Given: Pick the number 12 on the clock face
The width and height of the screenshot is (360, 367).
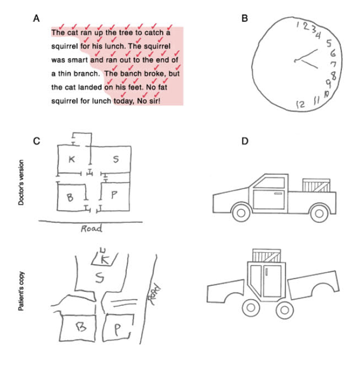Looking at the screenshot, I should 300,104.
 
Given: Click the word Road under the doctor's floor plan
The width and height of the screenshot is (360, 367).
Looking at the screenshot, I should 91,228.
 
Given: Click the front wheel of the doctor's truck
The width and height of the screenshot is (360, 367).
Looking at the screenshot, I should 240,213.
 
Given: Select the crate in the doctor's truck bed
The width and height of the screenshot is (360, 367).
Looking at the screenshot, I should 316,185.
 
